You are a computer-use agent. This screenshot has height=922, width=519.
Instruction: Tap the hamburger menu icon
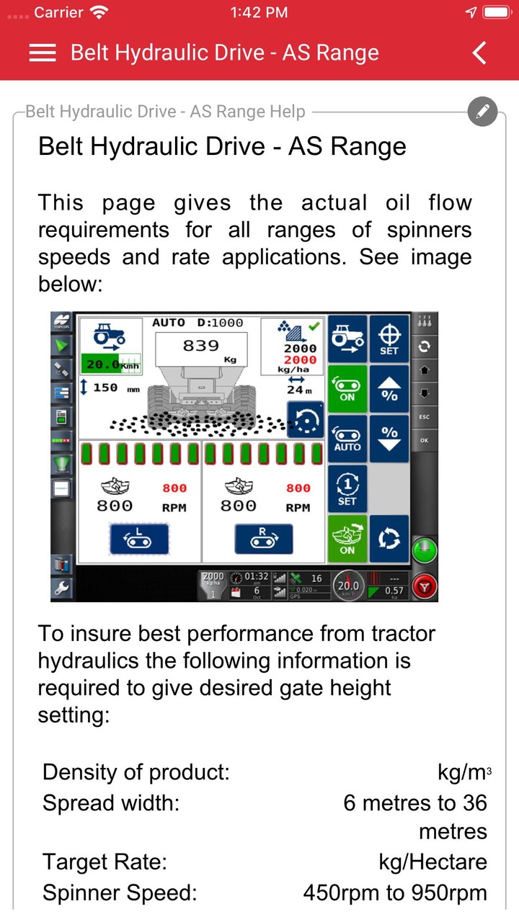43,53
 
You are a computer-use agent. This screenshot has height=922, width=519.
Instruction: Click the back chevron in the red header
479,53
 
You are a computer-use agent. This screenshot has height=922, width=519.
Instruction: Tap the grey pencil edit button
482,112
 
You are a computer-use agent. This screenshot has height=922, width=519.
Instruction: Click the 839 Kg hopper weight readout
201,349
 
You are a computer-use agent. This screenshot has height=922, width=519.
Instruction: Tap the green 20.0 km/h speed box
110,364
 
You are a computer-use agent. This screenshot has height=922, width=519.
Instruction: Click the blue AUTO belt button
347,437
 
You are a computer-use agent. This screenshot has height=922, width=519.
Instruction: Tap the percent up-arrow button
389,388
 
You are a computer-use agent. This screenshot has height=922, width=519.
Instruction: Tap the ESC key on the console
425,416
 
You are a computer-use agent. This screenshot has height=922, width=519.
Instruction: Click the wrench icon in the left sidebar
62,588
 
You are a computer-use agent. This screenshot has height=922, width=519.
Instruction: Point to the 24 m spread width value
296,390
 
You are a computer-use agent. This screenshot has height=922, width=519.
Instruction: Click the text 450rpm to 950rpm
394,893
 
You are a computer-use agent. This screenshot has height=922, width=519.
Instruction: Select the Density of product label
136,772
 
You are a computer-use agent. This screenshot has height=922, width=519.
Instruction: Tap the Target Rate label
105,861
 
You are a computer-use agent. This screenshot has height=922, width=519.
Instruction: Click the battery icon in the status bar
496,12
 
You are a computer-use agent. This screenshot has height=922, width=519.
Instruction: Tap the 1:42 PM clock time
259,12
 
